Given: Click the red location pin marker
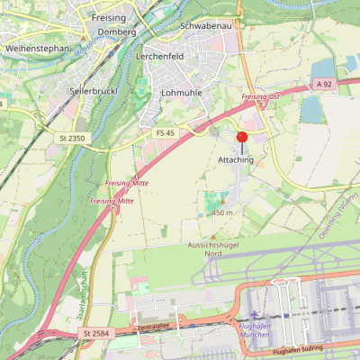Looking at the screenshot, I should tap(241, 138).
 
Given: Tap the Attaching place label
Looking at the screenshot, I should tap(237, 159).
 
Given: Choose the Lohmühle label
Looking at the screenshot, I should tap(180, 93).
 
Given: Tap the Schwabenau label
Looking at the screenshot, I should tap(207, 26).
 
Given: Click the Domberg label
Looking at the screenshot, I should tap(117, 31).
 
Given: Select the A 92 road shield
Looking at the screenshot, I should tap(326, 84).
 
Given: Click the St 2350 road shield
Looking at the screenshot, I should tap(71, 138).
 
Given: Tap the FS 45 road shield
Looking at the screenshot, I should tap(164, 133).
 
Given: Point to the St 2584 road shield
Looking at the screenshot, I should tap(94, 333).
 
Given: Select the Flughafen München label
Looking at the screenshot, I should tap(255, 329).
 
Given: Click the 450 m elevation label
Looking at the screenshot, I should tap(222, 212).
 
